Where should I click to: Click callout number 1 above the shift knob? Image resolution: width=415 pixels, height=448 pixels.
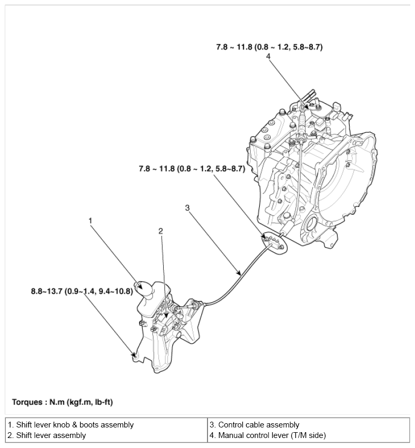tap(91, 221)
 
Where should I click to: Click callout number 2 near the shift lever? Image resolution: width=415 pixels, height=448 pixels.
tap(161, 231)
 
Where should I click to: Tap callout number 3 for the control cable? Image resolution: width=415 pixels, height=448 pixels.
tap(187, 208)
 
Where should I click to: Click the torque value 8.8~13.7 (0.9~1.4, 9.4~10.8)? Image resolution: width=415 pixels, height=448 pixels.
tap(82, 291)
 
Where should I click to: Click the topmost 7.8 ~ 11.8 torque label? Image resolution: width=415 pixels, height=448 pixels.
tap(269, 47)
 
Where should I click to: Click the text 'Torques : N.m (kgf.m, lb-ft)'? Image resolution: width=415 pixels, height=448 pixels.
tap(62, 402)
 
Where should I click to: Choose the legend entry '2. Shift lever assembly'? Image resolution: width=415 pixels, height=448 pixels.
tap(47, 435)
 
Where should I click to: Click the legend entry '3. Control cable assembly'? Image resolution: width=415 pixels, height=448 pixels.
tap(254, 424)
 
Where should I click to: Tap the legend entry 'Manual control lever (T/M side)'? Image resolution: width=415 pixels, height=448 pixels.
tap(268, 435)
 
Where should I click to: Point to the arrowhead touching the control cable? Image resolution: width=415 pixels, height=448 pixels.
tap(240, 274)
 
